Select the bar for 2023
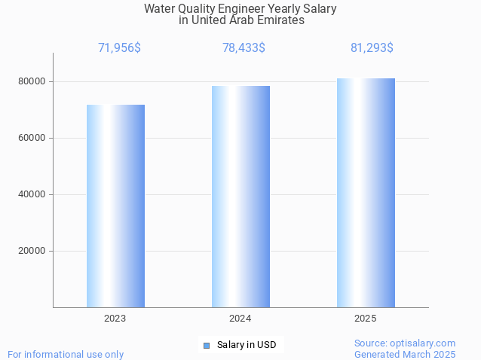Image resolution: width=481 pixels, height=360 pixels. point(115,206)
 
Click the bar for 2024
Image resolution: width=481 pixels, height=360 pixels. point(240,197)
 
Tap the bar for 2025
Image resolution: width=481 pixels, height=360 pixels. point(366,193)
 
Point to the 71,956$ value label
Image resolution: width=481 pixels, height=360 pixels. point(119,48)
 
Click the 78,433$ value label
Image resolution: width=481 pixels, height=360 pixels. point(244,48)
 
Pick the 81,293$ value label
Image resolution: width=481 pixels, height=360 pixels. point(372,48)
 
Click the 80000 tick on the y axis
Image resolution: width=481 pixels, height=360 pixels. point(32,81)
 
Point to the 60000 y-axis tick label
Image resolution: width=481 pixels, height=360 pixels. point(32,138)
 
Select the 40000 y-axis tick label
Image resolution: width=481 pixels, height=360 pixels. point(32,194)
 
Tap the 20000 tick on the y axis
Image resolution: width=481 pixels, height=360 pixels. point(32,251)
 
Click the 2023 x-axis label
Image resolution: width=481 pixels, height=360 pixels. point(115,319)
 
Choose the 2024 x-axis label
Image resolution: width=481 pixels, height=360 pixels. point(240,319)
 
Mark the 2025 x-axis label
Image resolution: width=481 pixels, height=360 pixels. point(366,319)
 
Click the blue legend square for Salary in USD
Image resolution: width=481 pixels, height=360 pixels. point(206,346)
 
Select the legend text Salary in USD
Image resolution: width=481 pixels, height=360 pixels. point(247,346)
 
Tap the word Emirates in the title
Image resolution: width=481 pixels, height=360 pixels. point(280,20)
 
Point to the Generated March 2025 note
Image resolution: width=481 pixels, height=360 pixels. point(405,354)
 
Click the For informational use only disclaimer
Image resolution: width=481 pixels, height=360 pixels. point(66,354)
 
